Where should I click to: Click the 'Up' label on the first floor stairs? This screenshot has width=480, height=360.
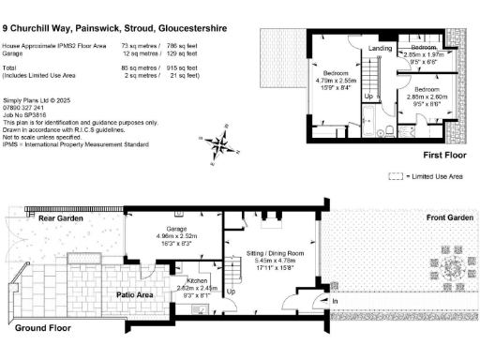[368, 96]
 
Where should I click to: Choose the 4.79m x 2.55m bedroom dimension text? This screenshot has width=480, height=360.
[336, 81]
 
